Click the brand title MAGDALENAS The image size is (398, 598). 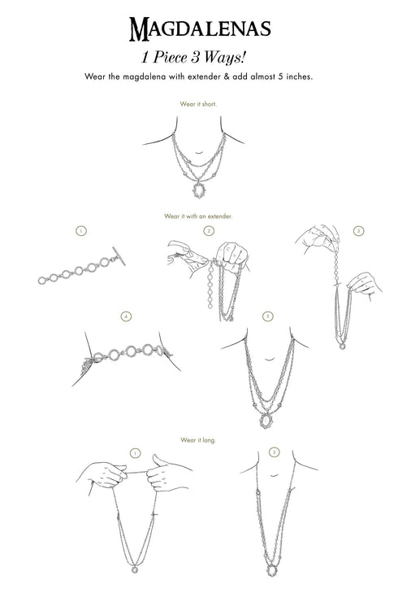(x=200, y=29)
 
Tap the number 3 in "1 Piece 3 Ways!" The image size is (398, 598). (x=195, y=58)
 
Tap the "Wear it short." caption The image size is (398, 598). (x=198, y=104)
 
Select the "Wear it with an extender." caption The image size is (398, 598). (x=198, y=216)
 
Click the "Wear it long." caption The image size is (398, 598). (x=198, y=440)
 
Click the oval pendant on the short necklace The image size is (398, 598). (x=198, y=190)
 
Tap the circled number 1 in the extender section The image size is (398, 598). (x=81, y=231)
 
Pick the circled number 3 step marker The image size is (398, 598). (x=358, y=231)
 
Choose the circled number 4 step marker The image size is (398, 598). (x=126, y=316)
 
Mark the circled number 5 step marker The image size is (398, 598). (x=268, y=316)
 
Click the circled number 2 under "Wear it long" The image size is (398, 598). (x=274, y=452)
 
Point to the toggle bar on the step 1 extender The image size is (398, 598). (x=119, y=256)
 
